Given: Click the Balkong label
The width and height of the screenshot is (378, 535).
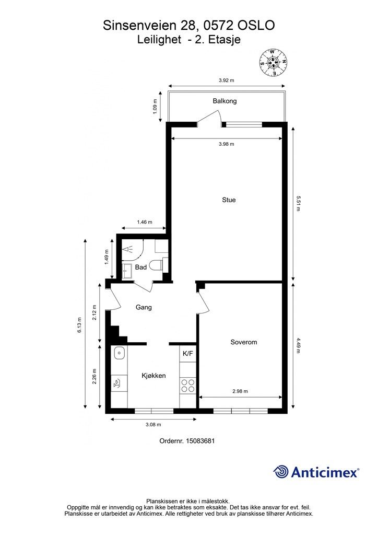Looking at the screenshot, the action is pyautogui.click(x=225, y=101).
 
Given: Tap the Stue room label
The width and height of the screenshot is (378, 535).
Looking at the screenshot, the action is pyautogui.click(x=229, y=200).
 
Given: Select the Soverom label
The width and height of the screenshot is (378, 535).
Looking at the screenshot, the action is pyautogui.click(x=244, y=342).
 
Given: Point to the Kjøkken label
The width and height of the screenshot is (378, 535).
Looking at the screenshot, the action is pyautogui.click(x=153, y=376).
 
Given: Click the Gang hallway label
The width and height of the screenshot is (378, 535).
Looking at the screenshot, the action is pyautogui.click(x=144, y=307).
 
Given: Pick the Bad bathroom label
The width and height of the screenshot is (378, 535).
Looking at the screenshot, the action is pyautogui.click(x=141, y=267).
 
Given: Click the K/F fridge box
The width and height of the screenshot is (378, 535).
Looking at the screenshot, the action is pyautogui.click(x=188, y=354).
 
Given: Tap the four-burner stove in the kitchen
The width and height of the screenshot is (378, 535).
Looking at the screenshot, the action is pyautogui.click(x=188, y=386).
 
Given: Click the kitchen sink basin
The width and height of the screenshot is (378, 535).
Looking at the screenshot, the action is pyautogui.click(x=119, y=353).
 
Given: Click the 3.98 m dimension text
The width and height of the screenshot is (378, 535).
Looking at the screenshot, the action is pyautogui.click(x=226, y=144).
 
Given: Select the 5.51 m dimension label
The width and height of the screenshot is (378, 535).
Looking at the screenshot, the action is pyautogui.click(x=298, y=203).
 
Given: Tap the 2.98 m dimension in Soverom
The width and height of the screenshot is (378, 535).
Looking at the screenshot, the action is pyautogui.click(x=240, y=391).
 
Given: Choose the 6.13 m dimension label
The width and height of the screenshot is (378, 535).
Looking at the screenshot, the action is pyautogui.click(x=79, y=325).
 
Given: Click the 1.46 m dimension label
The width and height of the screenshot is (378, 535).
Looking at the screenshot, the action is pyautogui.click(x=145, y=222).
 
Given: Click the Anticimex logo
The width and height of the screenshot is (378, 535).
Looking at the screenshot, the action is pyautogui.click(x=316, y=472).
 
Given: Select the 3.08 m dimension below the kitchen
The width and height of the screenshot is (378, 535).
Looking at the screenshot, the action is pyautogui.click(x=153, y=425).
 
